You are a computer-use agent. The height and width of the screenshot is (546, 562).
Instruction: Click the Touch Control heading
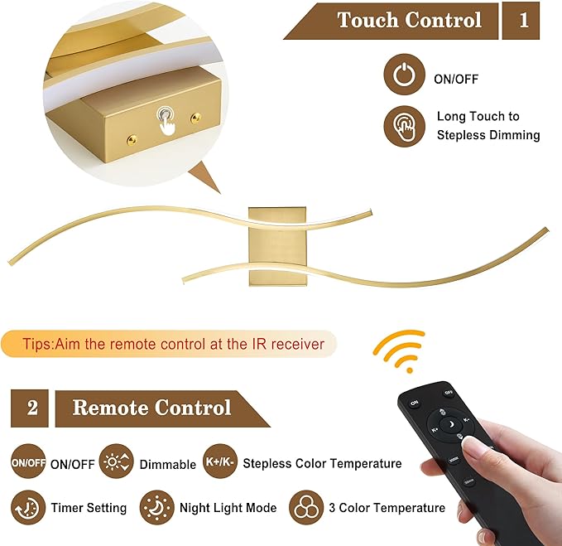(x=409, y=20)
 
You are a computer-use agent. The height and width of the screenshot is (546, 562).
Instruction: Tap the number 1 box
(x=523, y=20)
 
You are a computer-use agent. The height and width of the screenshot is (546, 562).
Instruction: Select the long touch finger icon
(x=404, y=126)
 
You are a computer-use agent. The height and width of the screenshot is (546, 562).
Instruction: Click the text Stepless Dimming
(x=488, y=135)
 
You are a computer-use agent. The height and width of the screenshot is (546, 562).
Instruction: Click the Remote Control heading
(x=151, y=408)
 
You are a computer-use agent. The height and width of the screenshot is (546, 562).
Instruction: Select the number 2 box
(x=31, y=408)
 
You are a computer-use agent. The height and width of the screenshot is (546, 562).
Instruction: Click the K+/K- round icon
(x=219, y=463)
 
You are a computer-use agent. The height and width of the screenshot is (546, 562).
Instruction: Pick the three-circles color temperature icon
(x=305, y=507)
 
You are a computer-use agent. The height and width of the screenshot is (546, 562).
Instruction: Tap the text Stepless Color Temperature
(x=322, y=464)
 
